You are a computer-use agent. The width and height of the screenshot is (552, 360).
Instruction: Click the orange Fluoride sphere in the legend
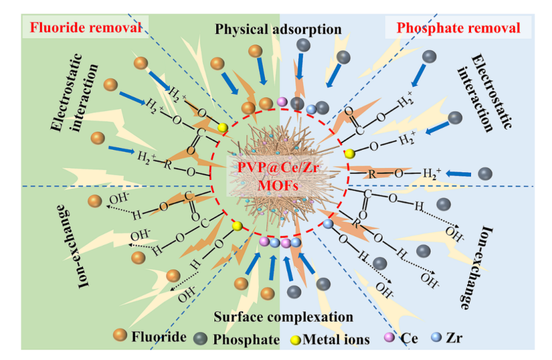120,336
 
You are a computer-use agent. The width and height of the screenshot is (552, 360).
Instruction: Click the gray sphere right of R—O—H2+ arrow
485,173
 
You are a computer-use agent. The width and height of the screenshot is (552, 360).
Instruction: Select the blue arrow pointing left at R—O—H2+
458,174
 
